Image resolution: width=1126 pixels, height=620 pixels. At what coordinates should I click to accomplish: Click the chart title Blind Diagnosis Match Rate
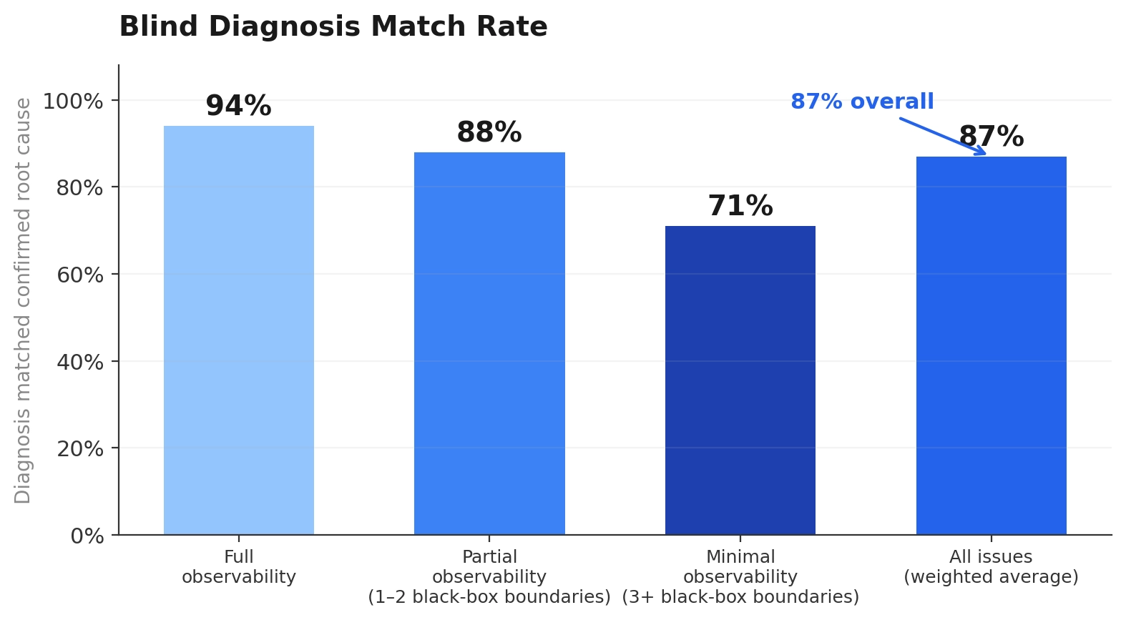tap(333, 27)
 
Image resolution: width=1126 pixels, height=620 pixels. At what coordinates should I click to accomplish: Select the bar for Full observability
tap(238, 330)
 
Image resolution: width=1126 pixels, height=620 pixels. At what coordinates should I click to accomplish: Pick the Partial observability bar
tap(489, 343)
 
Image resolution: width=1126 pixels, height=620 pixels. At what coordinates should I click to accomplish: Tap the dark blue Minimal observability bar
tap(740, 380)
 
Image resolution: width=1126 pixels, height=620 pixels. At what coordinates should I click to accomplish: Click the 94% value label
tap(238, 107)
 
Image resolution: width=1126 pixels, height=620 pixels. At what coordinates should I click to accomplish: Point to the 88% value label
tap(489, 133)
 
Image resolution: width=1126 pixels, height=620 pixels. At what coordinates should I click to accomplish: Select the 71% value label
tap(740, 207)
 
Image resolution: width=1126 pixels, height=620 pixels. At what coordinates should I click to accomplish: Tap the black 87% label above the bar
tap(991, 137)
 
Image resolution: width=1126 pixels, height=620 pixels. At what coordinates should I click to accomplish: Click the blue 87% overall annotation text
tap(861, 102)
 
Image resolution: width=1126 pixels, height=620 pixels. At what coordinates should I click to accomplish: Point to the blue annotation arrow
tap(942, 136)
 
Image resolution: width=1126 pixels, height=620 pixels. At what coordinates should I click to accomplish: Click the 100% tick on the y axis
tap(73, 102)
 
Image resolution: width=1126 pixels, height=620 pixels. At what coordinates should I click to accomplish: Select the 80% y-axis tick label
tap(79, 188)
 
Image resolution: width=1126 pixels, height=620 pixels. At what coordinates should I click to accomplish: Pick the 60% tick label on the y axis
tap(79, 275)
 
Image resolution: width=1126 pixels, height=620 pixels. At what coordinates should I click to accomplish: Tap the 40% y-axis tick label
tap(79, 363)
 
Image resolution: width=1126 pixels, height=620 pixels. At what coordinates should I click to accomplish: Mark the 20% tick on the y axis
tap(79, 449)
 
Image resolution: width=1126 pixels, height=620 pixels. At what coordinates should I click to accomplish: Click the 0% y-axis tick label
tap(87, 536)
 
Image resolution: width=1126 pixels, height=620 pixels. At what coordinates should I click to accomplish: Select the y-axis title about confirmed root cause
tap(23, 300)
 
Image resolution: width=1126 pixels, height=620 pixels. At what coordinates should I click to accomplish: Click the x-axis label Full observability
tap(238, 567)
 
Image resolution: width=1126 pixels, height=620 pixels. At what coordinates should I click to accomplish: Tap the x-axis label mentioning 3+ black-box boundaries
tap(740, 577)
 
